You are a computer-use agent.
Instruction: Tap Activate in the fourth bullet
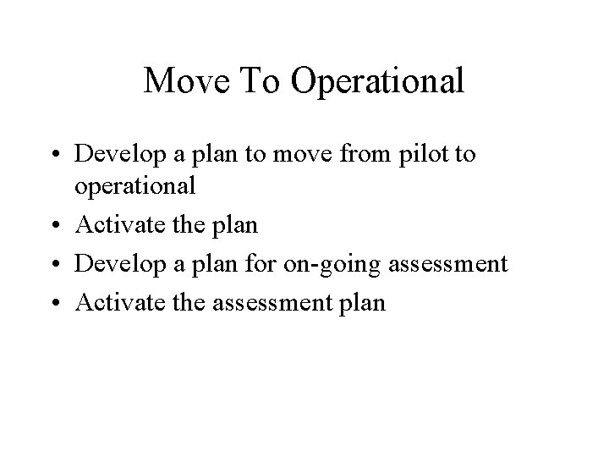coord(110,302)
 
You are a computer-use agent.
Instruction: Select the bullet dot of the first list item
coord(62,156)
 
